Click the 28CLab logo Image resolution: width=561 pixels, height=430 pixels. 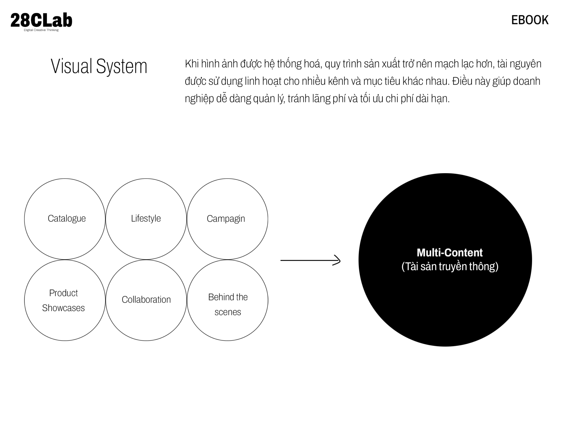[41, 21]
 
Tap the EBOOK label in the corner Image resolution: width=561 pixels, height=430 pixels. [530, 20]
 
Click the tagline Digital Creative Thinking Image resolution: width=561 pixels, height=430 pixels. [41, 30]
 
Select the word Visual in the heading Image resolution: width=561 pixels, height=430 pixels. [71, 66]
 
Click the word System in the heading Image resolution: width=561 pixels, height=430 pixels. [122, 67]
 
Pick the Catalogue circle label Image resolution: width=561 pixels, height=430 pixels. [66, 218]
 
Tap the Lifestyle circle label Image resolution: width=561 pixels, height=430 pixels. [146, 218]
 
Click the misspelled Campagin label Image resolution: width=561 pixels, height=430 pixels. [226, 219]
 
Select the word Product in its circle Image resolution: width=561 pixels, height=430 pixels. [63, 293]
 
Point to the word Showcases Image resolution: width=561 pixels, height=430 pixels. [63, 308]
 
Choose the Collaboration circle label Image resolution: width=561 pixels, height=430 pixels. [146, 300]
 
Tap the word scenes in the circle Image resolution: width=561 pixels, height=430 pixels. [228, 312]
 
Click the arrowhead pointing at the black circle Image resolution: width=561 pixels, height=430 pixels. [337, 260]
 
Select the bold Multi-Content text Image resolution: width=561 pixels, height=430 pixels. [449, 252]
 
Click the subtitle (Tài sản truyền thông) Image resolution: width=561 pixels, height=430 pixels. [450, 266]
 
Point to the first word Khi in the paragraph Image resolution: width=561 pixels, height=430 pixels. [192, 64]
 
